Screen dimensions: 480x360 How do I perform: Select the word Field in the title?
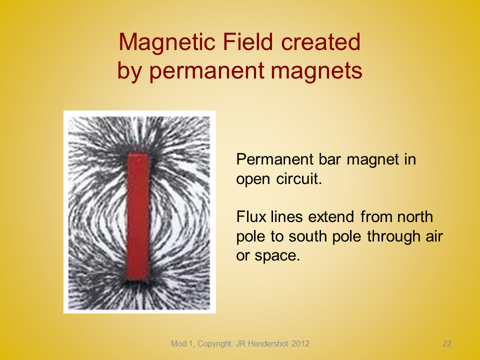[247, 41]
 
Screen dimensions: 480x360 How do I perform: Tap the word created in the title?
[320, 41]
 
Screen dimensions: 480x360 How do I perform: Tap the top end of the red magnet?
[138, 154]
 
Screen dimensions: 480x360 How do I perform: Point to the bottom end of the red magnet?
[138, 279]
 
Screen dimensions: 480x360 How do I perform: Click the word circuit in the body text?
[299, 178]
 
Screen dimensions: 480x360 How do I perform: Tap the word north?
[415, 216]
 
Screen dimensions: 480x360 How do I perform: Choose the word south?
[307, 236]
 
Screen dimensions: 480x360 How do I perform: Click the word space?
[277, 256]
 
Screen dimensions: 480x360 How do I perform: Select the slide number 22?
[446, 344]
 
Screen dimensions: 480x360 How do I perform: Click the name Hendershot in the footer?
[267, 344]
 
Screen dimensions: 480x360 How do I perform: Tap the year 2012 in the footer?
[300, 344]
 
